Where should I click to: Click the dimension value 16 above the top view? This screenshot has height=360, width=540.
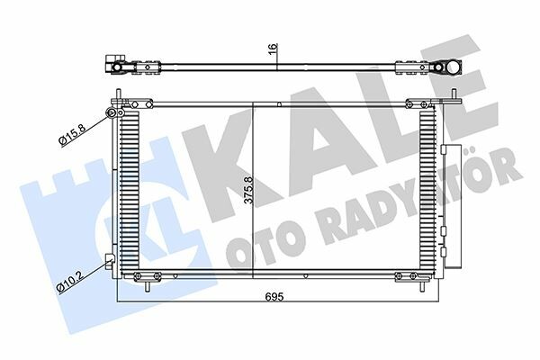point(273,49)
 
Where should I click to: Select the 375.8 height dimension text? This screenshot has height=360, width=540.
point(248,190)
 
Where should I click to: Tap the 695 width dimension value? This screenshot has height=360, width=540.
point(274,296)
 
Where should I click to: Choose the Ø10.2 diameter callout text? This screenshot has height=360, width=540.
point(69,282)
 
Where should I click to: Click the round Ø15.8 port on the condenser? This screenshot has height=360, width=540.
point(112,112)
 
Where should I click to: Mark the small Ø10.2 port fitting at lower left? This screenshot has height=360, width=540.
point(110,258)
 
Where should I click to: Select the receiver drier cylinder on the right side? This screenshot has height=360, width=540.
point(451,206)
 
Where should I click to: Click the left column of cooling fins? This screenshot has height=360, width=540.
point(130,190)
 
